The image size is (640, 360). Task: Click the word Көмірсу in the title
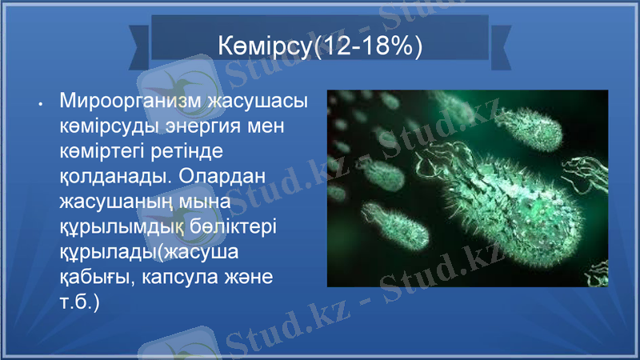tap(266, 46)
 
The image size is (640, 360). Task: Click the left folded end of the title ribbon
tap(139, 45)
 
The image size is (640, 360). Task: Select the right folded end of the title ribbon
tap(501, 45)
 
